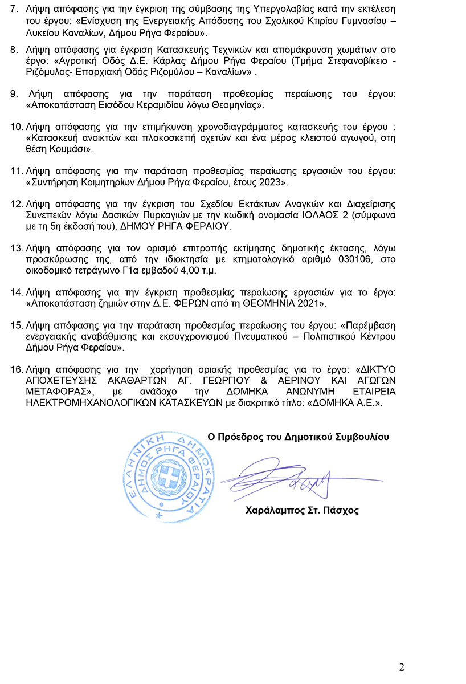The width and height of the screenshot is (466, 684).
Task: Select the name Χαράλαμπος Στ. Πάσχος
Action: (x=302, y=510)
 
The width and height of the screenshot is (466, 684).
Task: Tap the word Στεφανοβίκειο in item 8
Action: (x=347, y=62)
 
